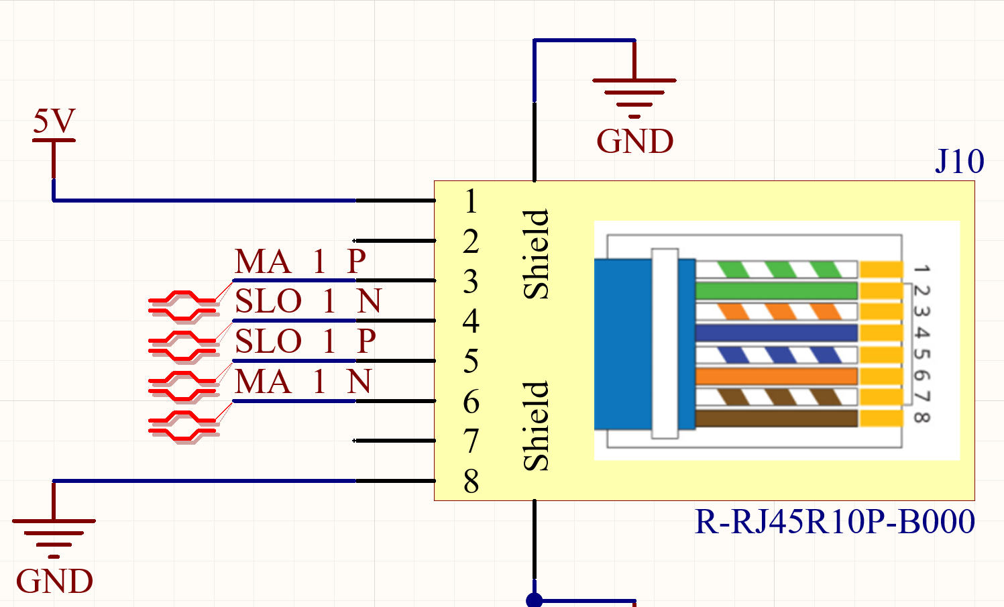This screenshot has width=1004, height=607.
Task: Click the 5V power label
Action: point(54,121)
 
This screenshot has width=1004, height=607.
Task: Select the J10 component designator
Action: point(959,162)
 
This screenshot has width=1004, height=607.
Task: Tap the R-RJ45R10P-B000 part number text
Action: point(834,522)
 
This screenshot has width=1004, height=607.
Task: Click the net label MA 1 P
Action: point(300,262)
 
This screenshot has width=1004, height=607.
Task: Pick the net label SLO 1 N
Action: point(308,301)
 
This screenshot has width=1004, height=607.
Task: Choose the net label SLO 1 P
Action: point(305,341)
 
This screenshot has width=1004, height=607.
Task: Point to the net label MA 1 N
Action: point(303,382)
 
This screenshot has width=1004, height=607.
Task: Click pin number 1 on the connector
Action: point(471,201)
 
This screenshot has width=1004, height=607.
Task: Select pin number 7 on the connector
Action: point(471,441)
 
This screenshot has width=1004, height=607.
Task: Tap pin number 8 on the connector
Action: point(471,482)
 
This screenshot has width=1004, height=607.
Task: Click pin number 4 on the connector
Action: point(471,321)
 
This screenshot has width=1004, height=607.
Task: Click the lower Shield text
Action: point(537,426)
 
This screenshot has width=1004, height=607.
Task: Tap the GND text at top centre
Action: point(634,142)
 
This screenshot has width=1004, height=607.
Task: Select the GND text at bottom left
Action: point(54,582)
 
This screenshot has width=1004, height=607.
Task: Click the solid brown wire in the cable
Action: point(776,419)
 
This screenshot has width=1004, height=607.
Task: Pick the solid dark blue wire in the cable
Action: point(776,333)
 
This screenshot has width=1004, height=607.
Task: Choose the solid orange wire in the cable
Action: point(776,376)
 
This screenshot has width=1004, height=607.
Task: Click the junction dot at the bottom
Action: point(535,600)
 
